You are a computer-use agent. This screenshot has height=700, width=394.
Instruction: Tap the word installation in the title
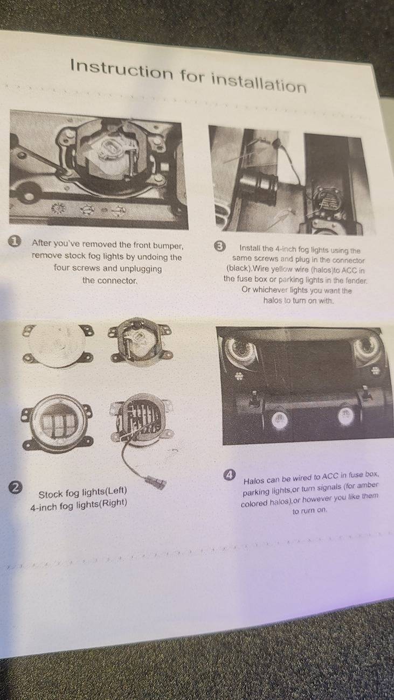259,82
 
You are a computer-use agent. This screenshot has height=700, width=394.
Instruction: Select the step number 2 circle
16,487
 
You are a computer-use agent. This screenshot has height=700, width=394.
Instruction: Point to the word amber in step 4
368,485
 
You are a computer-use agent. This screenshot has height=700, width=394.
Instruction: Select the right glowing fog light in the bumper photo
345,416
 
